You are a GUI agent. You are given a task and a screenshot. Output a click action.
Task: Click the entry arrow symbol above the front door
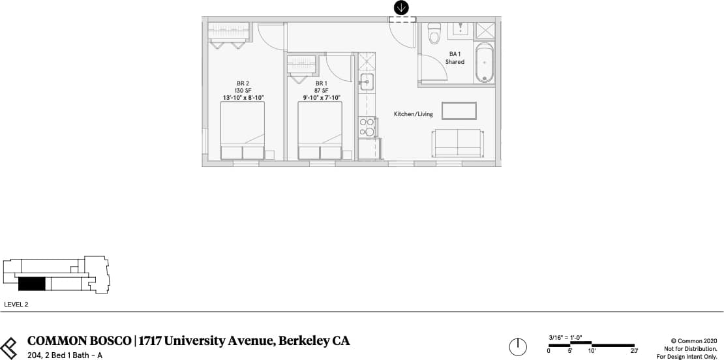pos(402,8)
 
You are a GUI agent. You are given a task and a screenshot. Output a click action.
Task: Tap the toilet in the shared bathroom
pos(434,35)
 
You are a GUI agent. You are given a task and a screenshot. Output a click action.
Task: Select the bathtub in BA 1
pos(484,63)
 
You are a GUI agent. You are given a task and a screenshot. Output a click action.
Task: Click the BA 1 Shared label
pos(455,58)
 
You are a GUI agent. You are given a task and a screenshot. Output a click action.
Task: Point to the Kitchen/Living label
pos(413,114)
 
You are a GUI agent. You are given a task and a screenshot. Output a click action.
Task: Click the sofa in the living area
pos(457,143)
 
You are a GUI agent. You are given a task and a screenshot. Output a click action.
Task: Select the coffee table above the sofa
pos(459,111)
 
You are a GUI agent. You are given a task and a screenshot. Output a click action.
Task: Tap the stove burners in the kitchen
pos(367,127)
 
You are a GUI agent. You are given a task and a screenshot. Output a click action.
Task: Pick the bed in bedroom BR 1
pos(320,130)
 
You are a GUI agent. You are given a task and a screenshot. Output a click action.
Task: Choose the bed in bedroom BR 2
pos(243,130)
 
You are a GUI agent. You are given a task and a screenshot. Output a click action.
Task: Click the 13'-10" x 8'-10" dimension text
pos(243,98)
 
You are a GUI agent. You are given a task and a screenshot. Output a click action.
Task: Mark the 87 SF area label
pos(320,91)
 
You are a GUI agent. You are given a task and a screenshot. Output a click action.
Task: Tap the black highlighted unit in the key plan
pos(31,284)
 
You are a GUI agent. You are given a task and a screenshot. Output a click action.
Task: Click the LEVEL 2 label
pos(16,304)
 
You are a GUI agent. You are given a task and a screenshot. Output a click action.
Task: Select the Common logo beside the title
pos(9,346)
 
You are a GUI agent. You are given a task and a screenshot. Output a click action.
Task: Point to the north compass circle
pos(518,346)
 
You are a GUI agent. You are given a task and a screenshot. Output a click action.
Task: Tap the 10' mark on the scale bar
pos(592,351)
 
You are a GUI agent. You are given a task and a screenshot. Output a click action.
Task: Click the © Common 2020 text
pos(693,340)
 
